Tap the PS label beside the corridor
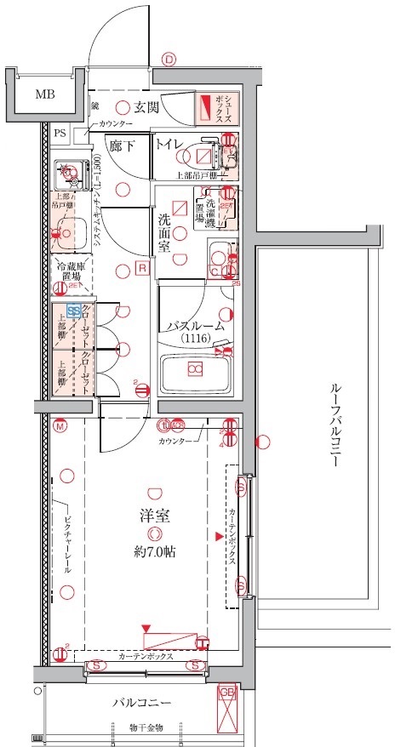tap(60, 133)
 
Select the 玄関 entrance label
tap(146, 107)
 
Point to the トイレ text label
tap(168, 145)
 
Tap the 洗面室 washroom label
tap(165, 231)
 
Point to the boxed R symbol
tap(143, 268)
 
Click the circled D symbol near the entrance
tap(169, 59)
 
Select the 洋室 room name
tap(153, 516)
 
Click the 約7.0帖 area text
tap(154, 551)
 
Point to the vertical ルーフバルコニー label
tap(334, 425)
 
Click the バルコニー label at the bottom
tap(142, 704)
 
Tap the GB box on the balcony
tap(227, 693)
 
